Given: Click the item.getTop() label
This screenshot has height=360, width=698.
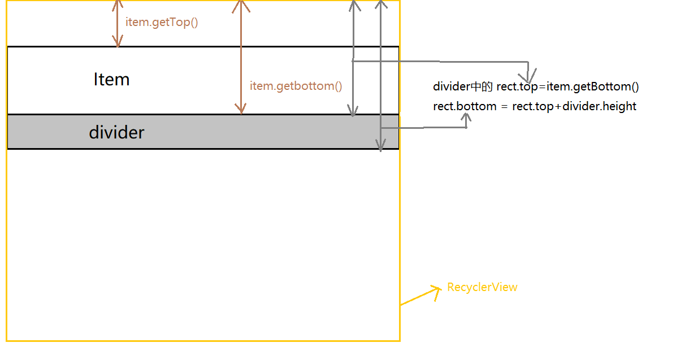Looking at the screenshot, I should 162,23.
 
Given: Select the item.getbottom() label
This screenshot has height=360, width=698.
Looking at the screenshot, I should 296,86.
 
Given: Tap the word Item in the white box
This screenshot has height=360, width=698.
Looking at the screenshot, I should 111,79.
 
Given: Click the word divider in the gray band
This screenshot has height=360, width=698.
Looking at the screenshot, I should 116,132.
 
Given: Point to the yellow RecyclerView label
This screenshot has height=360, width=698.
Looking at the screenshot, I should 482,287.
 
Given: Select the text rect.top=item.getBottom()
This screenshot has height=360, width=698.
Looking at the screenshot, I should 567,86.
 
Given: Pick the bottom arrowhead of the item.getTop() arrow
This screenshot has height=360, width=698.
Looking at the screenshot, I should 118,42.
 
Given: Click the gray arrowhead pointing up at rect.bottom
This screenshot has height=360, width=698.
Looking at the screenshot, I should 466,117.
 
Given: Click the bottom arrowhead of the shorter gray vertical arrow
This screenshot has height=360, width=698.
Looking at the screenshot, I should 353,111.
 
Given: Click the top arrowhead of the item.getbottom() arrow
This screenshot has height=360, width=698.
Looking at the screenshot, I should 241,5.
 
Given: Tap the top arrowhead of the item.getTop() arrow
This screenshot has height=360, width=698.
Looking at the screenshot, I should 118,5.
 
